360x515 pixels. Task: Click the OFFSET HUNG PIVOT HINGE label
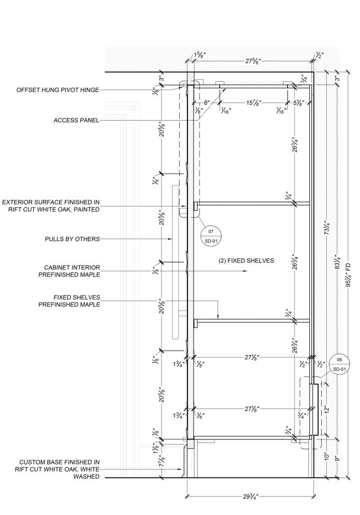(58, 90)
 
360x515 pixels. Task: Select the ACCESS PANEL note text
(76, 121)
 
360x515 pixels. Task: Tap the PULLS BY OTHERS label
(72, 239)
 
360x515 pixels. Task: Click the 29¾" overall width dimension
(250, 496)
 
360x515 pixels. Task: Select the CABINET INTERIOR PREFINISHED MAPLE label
(69, 271)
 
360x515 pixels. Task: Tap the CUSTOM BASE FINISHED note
(57, 469)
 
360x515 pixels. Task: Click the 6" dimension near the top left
(207, 103)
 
